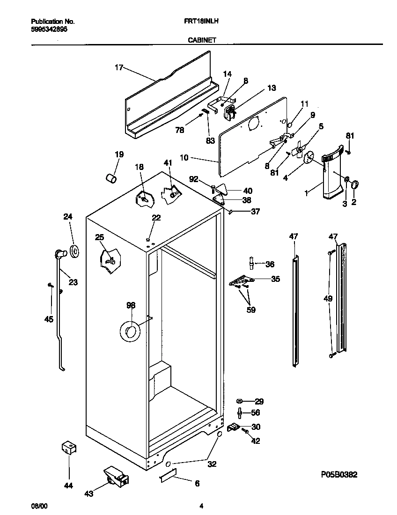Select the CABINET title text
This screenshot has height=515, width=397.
(x=201, y=40)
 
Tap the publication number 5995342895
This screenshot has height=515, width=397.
(x=49, y=29)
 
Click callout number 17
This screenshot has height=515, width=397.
(x=118, y=68)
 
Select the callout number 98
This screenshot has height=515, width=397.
(x=131, y=306)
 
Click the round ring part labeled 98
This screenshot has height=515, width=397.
(x=129, y=331)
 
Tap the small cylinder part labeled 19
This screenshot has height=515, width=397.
(x=110, y=179)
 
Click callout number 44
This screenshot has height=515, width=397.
(x=68, y=486)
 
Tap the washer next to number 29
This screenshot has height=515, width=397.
(x=240, y=401)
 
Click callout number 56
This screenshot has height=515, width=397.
(x=255, y=413)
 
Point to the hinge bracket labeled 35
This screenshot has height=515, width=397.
(x=242, y=281)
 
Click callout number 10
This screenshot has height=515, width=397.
(x=184, y=158)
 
